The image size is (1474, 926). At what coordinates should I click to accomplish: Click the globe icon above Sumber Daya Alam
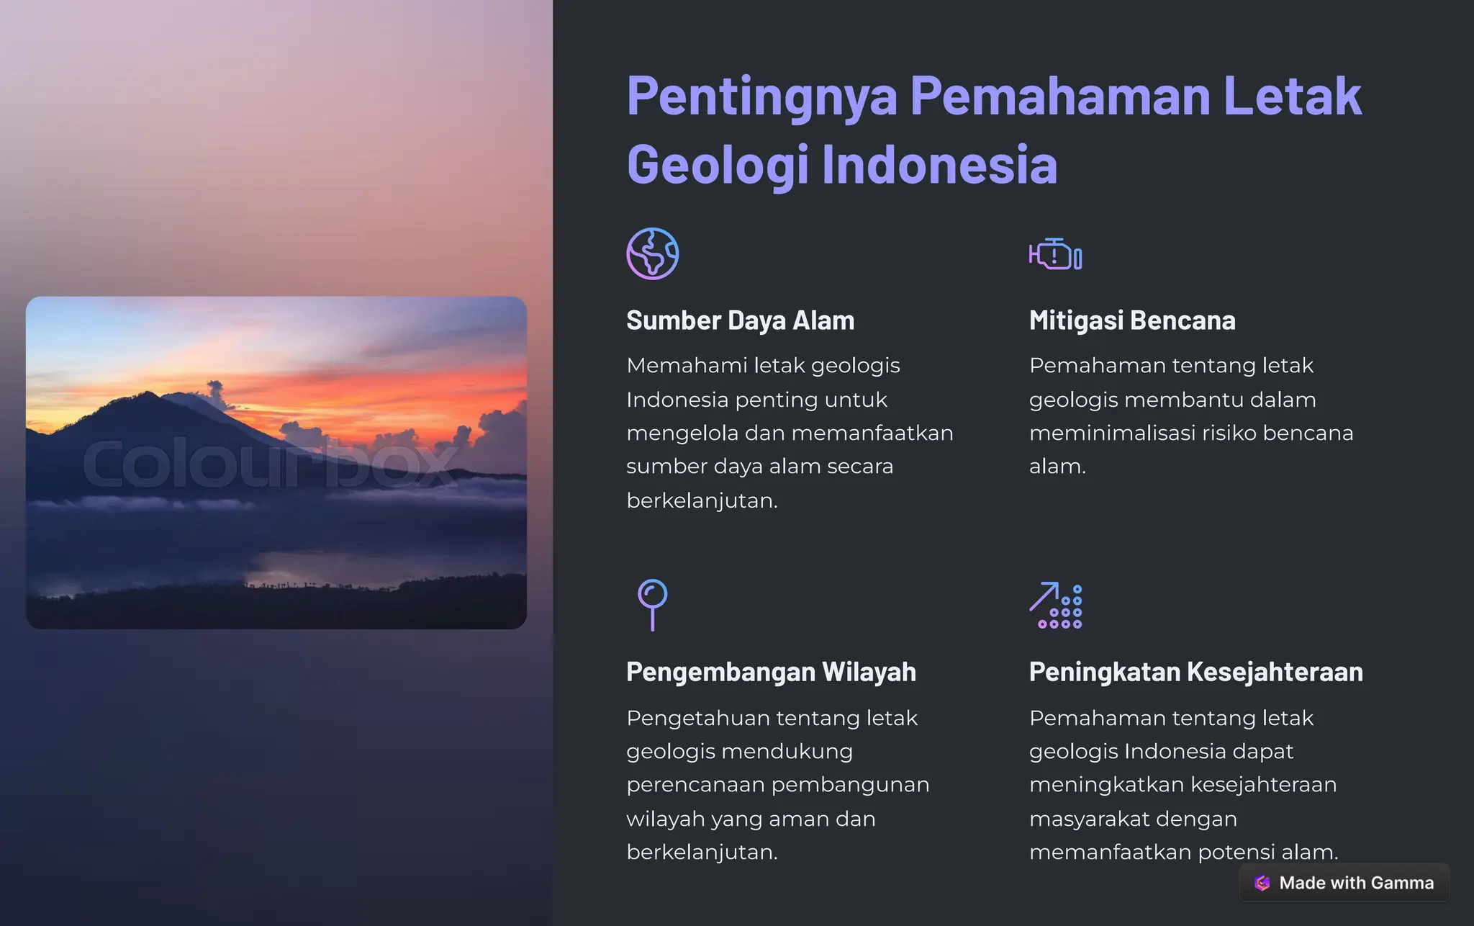click(652, 254)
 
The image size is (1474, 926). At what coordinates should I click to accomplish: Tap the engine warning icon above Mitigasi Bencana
click(1055, 254)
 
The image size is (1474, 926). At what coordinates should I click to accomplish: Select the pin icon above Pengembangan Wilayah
click(652, 603)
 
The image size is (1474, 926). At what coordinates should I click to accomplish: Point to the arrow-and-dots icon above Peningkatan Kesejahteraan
click(1055, 605)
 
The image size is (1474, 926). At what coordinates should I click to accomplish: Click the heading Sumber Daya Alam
click(740, 320)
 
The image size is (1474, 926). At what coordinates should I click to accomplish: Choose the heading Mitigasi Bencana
click(1131, 320)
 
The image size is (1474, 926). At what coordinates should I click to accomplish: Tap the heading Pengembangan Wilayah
click(771, 672)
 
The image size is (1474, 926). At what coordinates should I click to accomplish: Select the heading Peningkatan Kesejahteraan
click(1195, 672)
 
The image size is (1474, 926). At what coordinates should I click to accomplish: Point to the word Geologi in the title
click(718, 164)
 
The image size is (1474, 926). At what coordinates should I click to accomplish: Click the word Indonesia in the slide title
click(939, 164)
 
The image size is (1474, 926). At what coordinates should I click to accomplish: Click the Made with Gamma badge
click(1344, 883)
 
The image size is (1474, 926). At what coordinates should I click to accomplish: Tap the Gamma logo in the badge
click(1262, 883)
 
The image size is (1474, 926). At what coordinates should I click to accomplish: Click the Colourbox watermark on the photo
click(270, 462)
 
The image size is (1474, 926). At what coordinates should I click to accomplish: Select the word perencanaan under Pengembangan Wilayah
click(696, 784)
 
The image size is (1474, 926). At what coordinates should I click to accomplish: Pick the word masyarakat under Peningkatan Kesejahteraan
click(1096, 819)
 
